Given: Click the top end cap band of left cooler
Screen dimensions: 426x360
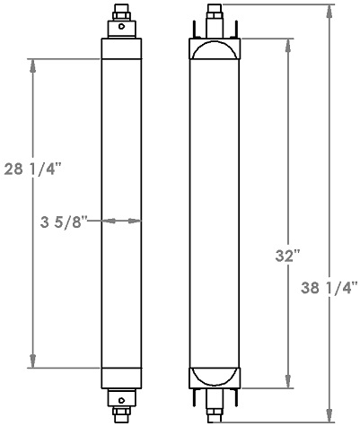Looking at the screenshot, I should click(120, 49).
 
